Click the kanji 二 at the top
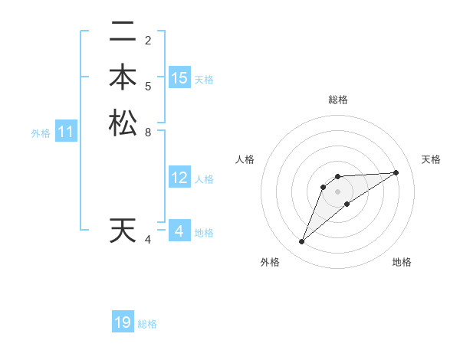click(123, 32)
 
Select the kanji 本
click(123, 77)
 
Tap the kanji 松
click(123, 123)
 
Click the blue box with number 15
click(179, 78)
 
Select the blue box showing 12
click(179, 178)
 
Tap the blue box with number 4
click(179, 231)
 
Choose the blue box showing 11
click(66, 132)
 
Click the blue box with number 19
click(123, 322)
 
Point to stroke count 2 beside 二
click(147, 40)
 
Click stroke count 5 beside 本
click(147, 86)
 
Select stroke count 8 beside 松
click(147, 132)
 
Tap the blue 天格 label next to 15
click(204, 79)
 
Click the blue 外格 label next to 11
click(41, 133)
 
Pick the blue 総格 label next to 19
click(147, 323)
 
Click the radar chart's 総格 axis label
click(338, 100)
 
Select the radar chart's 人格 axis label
click(245, 159)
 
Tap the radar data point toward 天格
click(396, 172)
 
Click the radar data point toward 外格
click(302, 242)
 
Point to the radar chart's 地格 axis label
click(402, 262)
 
